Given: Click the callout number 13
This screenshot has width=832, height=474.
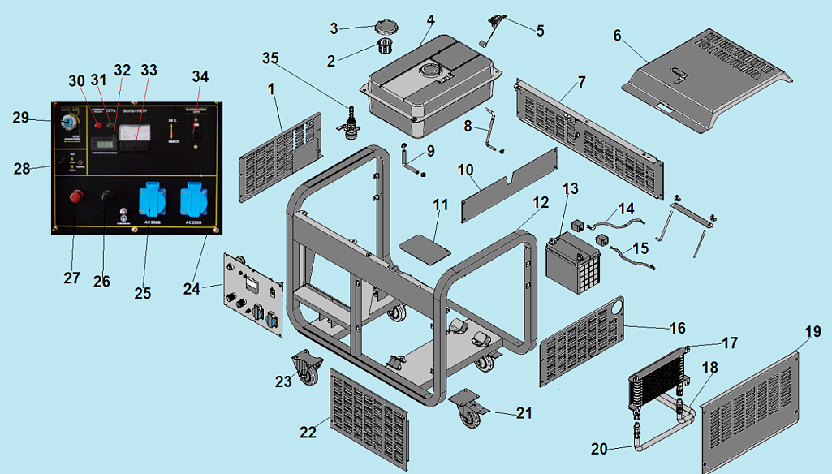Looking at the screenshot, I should point(570,188).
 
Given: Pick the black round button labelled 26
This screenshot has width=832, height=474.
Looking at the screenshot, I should point(106,196).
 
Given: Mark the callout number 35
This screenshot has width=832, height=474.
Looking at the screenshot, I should point(270,58).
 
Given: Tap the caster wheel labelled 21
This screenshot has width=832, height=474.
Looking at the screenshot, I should point(469,408).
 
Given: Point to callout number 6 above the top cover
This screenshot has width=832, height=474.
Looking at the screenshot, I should point(617,36).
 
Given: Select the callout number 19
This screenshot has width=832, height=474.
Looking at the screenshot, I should point(813,332).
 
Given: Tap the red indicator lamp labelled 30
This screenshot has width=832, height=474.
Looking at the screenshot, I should point(97,125).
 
